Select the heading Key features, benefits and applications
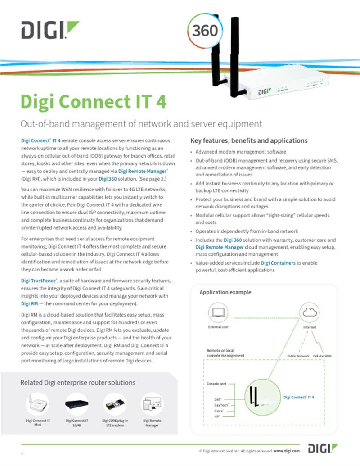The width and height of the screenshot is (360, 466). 249,140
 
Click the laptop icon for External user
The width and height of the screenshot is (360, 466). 218,312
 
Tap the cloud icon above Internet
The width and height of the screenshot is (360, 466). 310,312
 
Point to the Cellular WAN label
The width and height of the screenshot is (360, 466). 322,356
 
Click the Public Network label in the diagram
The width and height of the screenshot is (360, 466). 298,356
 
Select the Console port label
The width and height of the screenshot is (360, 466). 216,384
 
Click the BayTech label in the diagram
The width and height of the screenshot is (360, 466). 222,405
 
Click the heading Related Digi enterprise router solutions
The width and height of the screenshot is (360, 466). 78,383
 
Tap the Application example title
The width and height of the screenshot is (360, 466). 225,292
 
